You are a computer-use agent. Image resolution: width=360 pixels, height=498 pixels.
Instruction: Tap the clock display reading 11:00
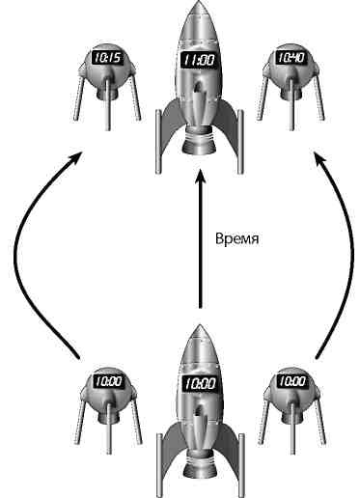coord(198,61)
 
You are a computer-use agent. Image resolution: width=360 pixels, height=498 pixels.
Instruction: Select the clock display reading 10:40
coord(291,59)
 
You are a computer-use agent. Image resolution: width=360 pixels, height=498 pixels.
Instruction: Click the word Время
coord(241,235)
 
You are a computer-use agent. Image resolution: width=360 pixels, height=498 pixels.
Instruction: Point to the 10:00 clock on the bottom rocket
coord(198,383)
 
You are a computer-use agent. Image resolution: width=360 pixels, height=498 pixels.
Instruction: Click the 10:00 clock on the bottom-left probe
coord(106,381)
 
